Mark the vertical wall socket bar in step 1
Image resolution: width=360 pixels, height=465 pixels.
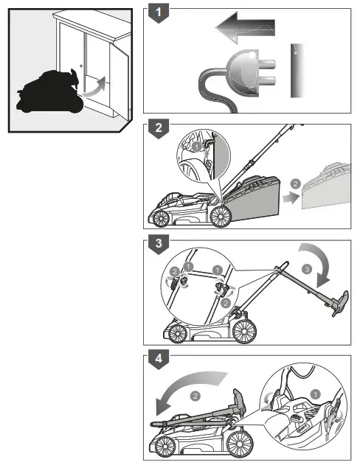296,70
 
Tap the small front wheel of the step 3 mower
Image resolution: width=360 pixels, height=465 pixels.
178,333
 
